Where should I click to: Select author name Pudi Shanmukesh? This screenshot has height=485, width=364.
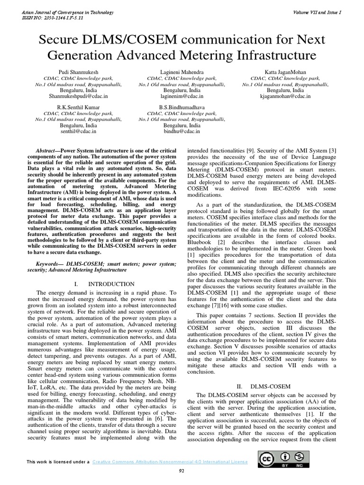click(78, 72)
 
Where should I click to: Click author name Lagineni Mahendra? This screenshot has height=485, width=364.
click(182, 72)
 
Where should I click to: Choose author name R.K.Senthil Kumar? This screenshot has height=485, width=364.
click(78, 108)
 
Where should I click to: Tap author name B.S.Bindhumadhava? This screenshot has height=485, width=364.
click(182, 108)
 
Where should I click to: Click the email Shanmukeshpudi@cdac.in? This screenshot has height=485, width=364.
click(78, 96)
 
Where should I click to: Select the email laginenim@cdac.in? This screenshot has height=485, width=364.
click(182, 96)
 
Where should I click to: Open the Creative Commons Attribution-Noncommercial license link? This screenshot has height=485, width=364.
click(169, 461)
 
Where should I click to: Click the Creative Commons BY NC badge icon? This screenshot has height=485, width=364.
click(281, 459)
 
